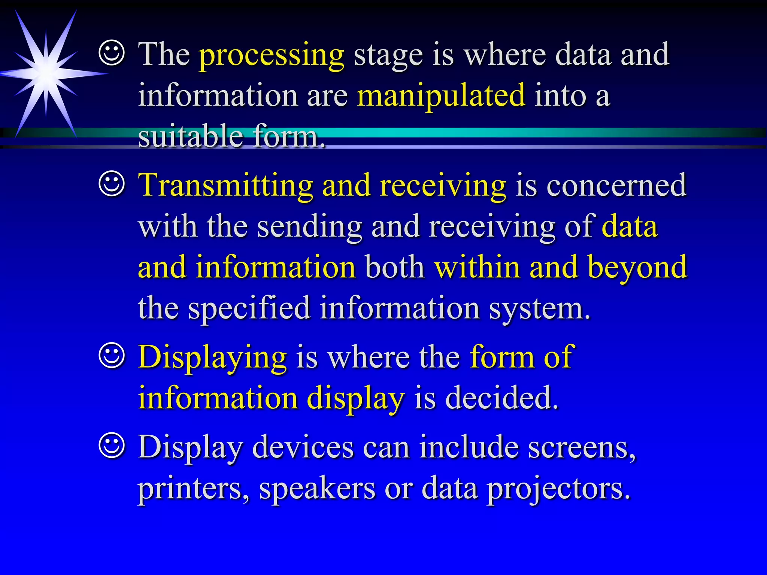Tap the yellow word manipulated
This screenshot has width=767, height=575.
[x=441, y=97]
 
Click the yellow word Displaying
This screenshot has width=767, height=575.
[x=212, y=358]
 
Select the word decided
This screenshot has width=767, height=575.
[x=502, y=398]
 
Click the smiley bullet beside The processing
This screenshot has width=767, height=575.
[x=112, y=54]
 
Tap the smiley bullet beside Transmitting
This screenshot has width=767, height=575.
[x=112, y=184]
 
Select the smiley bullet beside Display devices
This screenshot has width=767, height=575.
[x=112, y=445]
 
